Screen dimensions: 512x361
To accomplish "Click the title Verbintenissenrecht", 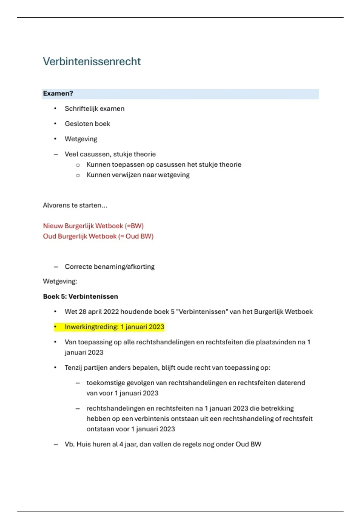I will (x=92, y=61).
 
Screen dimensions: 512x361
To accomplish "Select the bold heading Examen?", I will (x=58, y=93).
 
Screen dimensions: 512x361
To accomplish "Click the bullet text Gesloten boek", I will (x=87, y=124).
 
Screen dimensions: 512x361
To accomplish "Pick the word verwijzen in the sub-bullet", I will (x=126, y=175).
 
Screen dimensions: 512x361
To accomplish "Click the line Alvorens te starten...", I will (x=75, y=205).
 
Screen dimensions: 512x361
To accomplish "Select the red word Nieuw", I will (x=53, y=226).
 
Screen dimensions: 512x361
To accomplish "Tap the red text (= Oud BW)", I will (x=136, y=236).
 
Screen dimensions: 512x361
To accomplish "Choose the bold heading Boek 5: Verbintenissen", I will (x=80, y=296).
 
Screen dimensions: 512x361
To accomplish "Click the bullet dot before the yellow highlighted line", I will (x=55, y=327).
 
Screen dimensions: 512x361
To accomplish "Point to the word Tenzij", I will (x=73, y=368).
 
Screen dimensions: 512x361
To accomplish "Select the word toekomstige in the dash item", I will (x=105, y=383).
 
